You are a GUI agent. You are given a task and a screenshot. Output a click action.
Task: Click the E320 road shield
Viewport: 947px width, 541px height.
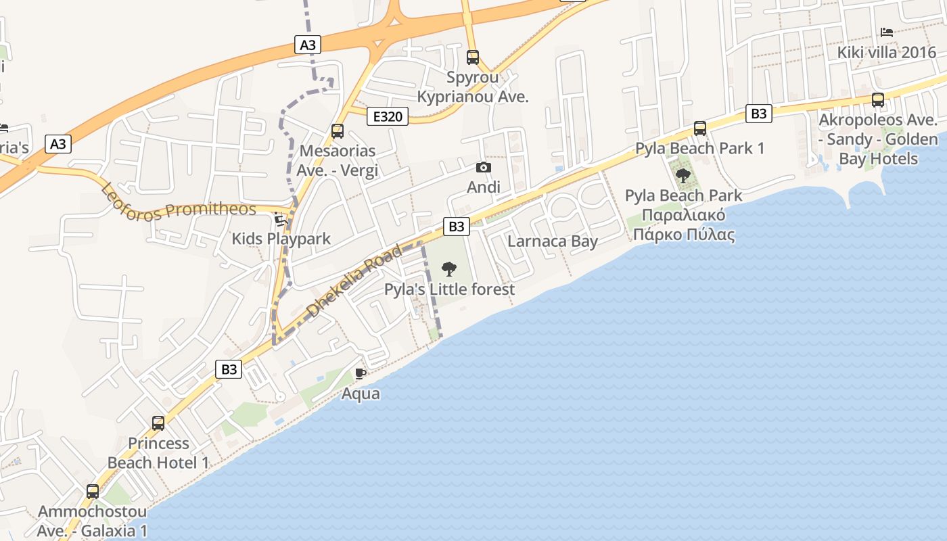(388, 116)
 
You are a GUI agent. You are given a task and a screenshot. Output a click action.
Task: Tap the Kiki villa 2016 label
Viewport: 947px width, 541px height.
(886, 53)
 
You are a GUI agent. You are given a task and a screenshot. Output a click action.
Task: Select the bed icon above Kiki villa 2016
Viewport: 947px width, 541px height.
(886, 32)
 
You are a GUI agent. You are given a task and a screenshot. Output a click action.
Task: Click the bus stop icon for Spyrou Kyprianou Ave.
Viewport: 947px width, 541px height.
(473, 57)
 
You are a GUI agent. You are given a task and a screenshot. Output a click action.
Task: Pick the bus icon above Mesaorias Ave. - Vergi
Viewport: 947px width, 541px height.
(337, 131)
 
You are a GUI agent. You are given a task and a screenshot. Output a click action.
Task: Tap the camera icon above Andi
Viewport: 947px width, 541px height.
(484, 167)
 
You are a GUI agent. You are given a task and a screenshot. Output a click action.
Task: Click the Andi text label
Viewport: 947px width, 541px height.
(484, 187)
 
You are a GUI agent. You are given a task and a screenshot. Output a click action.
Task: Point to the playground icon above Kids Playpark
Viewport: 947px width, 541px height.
(281, 219)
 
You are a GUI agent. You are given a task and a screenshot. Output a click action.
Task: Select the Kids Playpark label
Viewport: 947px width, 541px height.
(281, 239)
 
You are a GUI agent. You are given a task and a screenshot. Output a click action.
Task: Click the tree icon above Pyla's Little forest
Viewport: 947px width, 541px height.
(448, 269)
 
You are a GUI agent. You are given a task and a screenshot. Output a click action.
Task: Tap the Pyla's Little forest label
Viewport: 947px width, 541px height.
(449, 289)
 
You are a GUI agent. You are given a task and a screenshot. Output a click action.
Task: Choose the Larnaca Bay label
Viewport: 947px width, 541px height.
(553, 241)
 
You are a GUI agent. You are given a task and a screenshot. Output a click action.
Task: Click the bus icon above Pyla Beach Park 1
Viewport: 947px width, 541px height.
(700, 128)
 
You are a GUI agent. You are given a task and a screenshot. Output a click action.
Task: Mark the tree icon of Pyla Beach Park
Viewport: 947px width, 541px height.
(683, 176)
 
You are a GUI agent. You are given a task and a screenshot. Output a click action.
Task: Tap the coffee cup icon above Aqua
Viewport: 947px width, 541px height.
(361, 373)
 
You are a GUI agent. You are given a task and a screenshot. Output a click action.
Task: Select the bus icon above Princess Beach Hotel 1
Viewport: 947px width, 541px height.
(158, 423)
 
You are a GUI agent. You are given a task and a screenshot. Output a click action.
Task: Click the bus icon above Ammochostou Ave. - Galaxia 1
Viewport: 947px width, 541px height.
(93, 492)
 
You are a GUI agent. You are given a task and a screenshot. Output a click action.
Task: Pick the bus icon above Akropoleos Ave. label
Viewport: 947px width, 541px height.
(878, 100)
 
